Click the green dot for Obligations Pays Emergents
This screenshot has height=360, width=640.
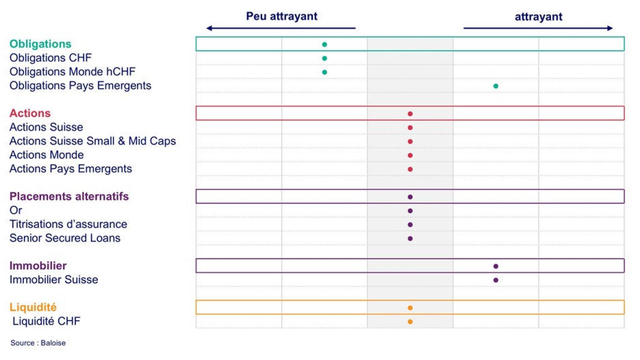[x=496, y=86]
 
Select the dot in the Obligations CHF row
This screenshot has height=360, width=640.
[x=324, y=58]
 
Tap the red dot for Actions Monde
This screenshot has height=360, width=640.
[x=410, y=155]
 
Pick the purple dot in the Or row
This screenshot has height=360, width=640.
[x=410, y=211]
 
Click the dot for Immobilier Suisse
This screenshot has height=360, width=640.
[x=496, y=280]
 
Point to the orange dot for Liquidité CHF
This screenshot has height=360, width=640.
[x=410, y=322]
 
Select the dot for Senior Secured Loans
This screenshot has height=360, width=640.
[x=410, y=239]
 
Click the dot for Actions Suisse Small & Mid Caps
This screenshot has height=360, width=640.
[x=410, y=142]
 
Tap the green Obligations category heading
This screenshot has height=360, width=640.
[x=40, y=44]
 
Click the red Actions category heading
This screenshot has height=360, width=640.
[x=30, y=113]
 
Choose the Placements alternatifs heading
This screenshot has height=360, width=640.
[x=69, y=196]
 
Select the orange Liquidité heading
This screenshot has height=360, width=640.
[x=33, y=307]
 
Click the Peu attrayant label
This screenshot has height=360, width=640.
[x=282, y=16]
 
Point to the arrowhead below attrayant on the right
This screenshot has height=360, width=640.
[x=610, y=28]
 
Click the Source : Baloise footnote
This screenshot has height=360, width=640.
[x=38, y=343]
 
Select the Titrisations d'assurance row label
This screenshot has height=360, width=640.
[x=68, y=224]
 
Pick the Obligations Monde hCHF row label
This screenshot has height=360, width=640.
[x=72, y=72]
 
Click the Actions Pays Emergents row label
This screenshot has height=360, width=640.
[x=71, y=169]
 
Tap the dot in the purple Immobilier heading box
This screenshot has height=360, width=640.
[x=496, y=266]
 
